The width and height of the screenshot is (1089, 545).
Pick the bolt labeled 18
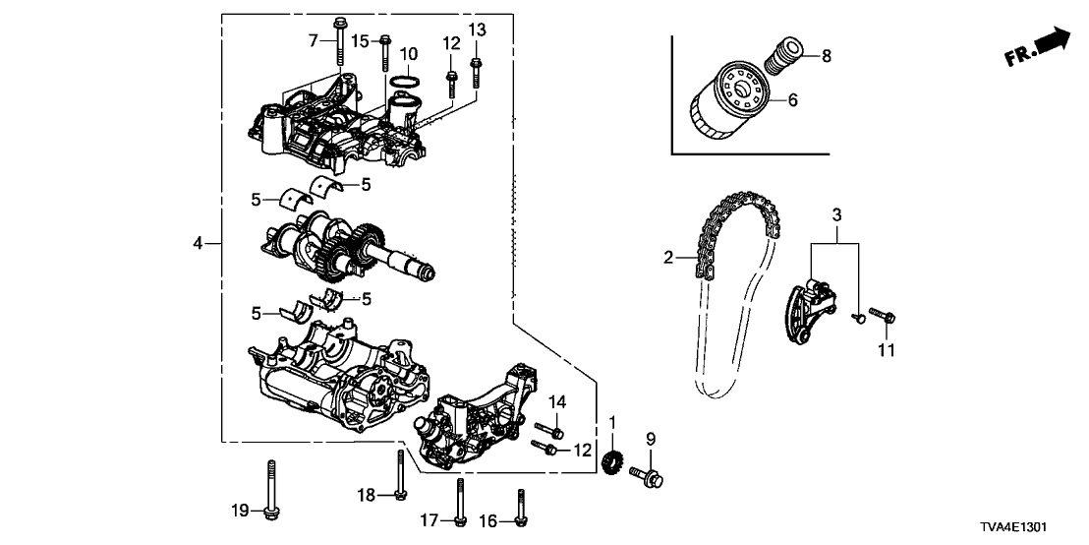(x=400, y=473)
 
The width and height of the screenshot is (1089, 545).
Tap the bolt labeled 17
(x=458, y=502)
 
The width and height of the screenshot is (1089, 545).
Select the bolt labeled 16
(x=521, y=508)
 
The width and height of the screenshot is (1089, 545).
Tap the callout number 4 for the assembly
(x=199, y=243)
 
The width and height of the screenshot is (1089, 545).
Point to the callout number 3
(x=836, y=213)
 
